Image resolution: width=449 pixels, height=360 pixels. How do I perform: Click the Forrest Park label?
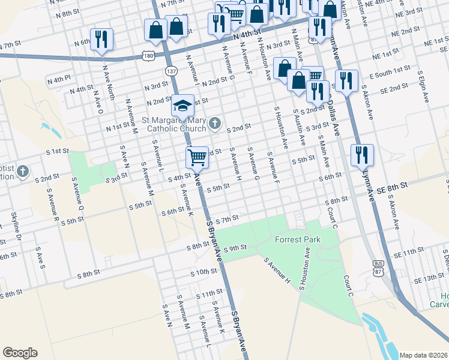pos(298,239)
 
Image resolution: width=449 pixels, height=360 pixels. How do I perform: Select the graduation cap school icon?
pos(182,107)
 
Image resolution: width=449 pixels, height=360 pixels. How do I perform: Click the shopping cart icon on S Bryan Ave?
pos(197,158)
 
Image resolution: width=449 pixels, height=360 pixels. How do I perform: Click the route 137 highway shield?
pos(172,71)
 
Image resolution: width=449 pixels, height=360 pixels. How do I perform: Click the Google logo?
pos(20,353)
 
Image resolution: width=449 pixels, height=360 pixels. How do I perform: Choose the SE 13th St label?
pos(428,278)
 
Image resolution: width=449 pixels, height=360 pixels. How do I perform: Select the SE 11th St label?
pos(415,255)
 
